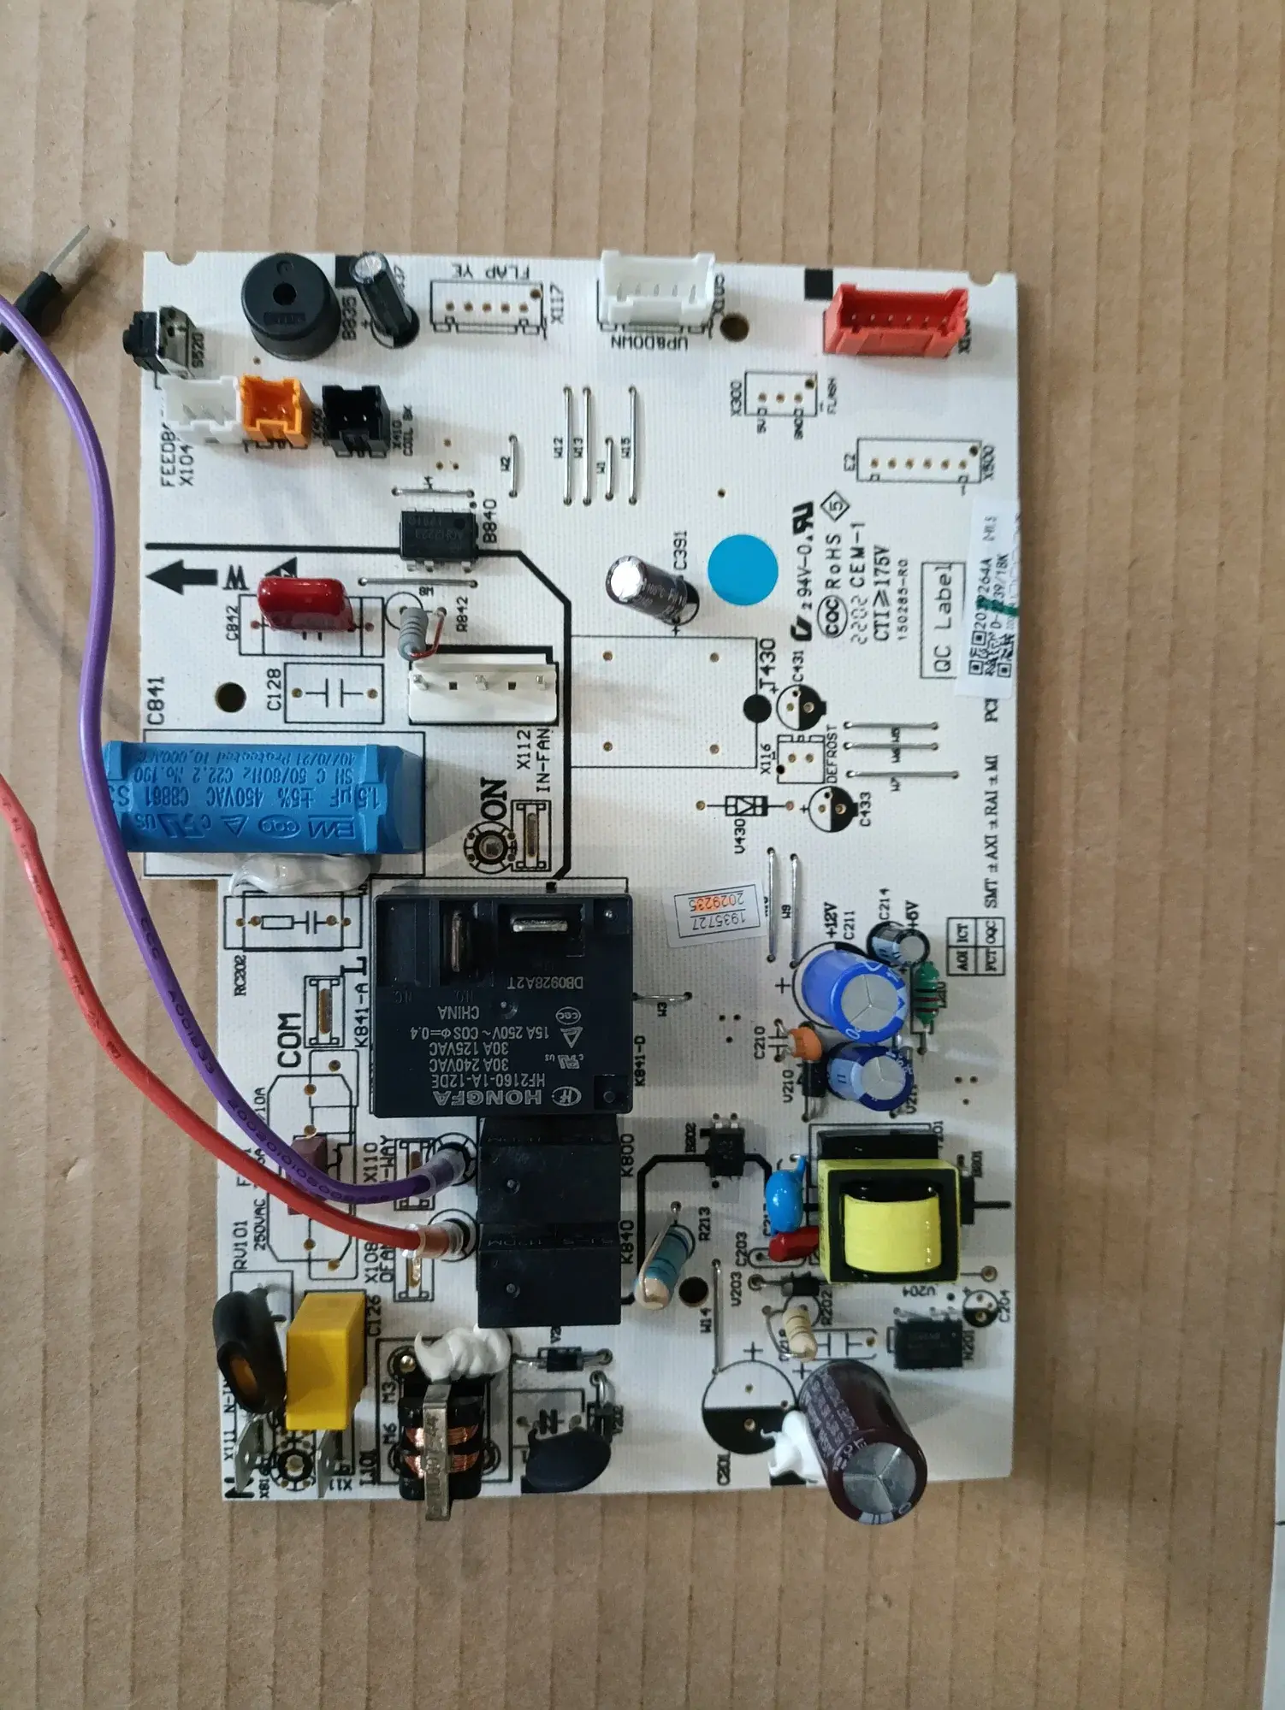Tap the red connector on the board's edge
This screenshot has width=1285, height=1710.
point(895,320)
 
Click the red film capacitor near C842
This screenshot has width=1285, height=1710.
point(305,603)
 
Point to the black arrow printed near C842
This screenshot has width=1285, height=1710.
point(183,577)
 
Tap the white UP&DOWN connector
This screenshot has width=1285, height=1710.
point(655,291)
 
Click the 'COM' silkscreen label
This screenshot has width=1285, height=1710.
point(289,1040)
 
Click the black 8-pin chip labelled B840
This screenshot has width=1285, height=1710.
point(439,535)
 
